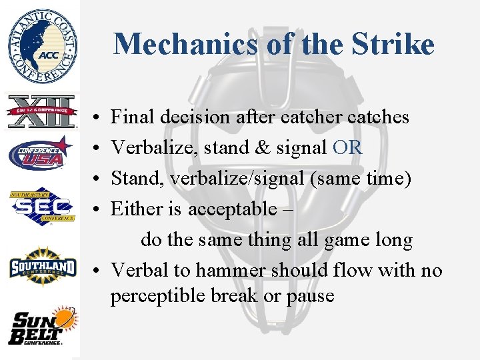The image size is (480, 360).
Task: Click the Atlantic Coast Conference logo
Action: [42, 44]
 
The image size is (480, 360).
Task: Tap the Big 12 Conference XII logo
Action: [41, 111]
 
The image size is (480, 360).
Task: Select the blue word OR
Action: [347, 148]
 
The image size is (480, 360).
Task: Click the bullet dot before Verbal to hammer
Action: [97, 271]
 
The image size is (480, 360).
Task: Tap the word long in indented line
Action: [391, 240]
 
